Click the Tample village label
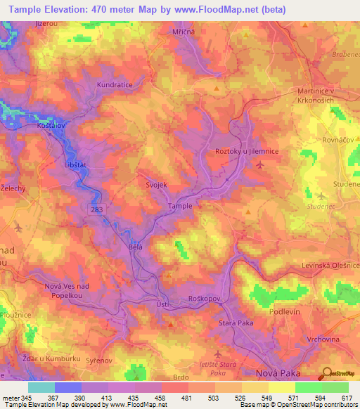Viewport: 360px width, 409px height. point(180,206)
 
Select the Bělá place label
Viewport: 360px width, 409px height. point(136,247)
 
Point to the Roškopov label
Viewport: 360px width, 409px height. point(205,299)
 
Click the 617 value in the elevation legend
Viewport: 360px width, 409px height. point(347,398)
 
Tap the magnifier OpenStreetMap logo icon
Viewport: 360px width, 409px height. point(324,372)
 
